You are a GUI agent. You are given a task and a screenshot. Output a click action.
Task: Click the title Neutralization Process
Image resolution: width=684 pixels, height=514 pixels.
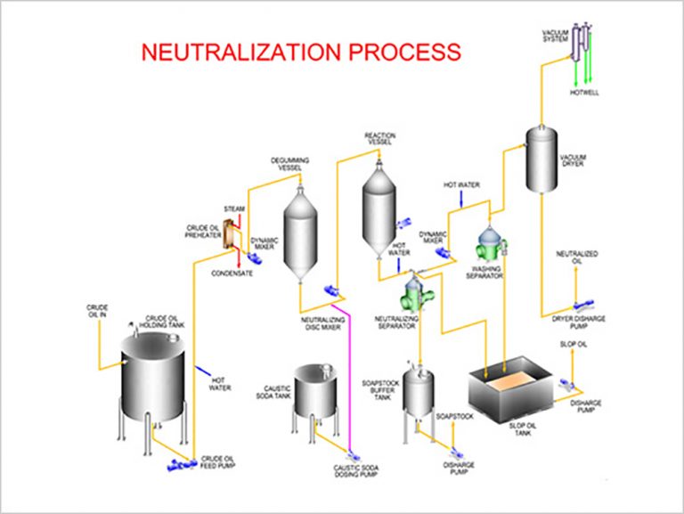(300, 51)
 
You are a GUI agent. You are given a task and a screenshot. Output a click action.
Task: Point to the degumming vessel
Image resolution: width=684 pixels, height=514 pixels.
(300, 233)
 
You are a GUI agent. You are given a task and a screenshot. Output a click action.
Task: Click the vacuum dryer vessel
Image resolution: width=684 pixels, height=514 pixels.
(541, 160)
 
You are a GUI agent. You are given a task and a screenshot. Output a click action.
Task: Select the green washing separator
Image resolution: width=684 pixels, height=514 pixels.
(490, 243)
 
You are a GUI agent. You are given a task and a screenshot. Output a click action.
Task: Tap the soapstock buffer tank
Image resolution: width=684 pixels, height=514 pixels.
(418, 392)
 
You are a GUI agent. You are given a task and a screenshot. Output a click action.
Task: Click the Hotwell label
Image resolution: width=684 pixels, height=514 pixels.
(584, 93)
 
